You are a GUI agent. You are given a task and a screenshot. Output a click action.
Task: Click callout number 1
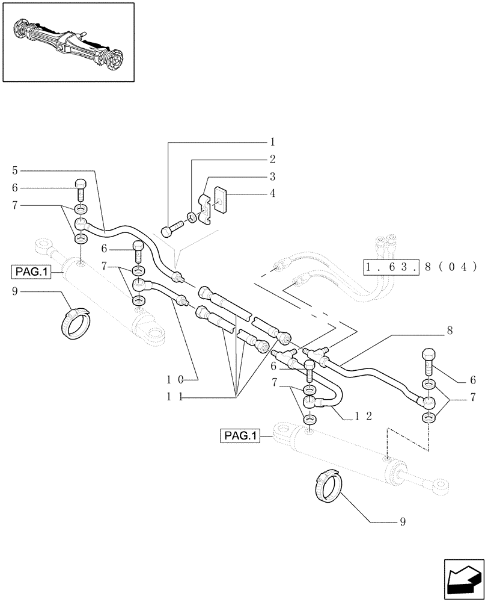[272, 143]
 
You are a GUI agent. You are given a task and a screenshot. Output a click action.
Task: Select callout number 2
[272, 160]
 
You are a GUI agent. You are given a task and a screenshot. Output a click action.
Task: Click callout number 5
[14, 170]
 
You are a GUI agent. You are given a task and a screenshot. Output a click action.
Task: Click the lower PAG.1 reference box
[239, 435]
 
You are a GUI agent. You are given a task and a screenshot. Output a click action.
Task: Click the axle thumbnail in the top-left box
[67, 42]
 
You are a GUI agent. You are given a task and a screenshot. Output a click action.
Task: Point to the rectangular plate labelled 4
[220, 198]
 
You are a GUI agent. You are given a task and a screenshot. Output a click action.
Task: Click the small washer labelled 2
[191, 216]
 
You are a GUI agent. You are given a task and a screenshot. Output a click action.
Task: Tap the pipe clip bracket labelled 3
[205, 206]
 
